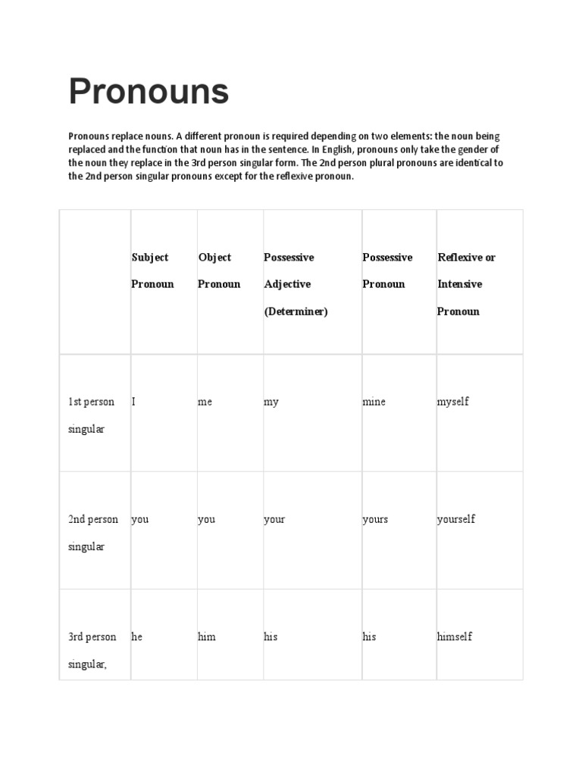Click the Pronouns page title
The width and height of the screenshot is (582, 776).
149,92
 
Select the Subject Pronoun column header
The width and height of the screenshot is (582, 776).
152,271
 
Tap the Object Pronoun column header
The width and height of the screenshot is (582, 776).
218,271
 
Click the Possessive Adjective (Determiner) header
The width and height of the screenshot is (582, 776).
296,284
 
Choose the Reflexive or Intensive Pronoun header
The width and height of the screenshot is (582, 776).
466,284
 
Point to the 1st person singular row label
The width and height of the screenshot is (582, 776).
91,415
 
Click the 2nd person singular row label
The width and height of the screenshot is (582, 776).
93,533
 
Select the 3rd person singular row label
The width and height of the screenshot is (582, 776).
92,650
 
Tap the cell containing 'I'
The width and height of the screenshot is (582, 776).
134,402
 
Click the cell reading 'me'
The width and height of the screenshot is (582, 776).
205,402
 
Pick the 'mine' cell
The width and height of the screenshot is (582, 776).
374,402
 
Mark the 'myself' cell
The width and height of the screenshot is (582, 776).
452,402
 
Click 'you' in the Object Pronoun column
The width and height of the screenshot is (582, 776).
206,519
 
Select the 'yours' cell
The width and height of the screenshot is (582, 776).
375,519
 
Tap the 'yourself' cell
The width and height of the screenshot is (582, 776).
456,519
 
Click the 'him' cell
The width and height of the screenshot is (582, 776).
207,637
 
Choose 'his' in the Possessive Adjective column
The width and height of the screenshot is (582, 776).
271,637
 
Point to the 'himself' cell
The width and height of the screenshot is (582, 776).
455,637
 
